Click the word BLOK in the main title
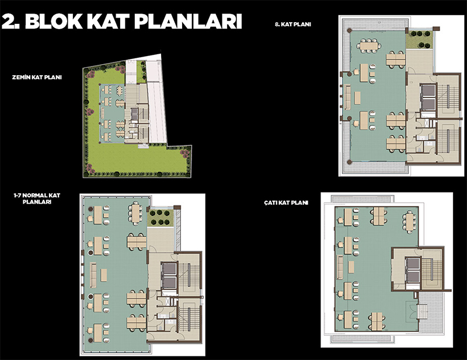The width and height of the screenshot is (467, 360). coord(54,21)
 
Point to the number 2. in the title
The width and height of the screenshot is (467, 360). coord(11,21)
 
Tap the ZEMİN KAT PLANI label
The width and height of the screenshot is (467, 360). coord(37,78)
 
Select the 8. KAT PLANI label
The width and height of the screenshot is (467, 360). coord(293,25)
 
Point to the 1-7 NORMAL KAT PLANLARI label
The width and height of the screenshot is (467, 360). coord(37,198)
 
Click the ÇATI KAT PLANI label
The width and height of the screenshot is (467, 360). coord(286,203)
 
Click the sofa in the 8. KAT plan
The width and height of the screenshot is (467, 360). coord(347,97)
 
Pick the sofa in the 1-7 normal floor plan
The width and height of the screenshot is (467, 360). coord(93,275)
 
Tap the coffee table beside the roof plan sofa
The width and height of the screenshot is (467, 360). coord(351,267)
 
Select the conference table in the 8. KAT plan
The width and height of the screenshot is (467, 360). coord(369,46)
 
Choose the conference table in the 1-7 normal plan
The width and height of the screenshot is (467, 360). coord(136,214)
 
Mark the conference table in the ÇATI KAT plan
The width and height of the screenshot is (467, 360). coord(410,222)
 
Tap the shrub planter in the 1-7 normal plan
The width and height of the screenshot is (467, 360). coord(160,218)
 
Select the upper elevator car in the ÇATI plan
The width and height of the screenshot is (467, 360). coord(413,264)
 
